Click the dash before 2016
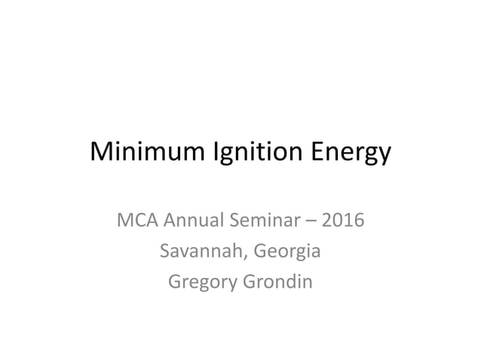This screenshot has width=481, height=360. pyautogui.click(x=313, y=223)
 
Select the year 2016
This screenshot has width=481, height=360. pyautogui.click(x=342, y=222)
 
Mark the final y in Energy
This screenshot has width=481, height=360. pyautogui.click(x=384, y=157)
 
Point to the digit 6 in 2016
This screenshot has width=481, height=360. pyautogui.click(x=357, y=222)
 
